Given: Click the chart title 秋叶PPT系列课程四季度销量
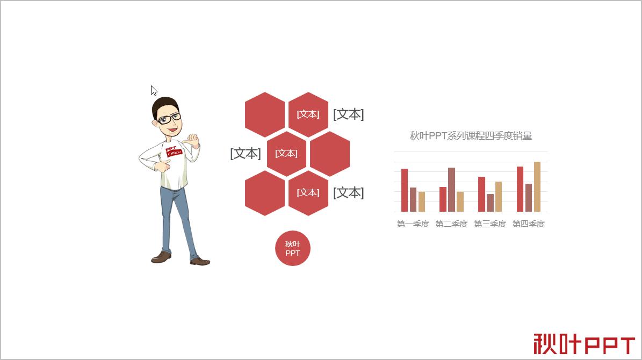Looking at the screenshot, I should tap(471, 136).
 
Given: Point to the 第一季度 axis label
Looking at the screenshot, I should tap(413, 224).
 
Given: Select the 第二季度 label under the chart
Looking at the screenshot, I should tap(451, 224).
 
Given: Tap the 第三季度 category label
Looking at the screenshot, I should tap(490, 224).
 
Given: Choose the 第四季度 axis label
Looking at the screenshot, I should tap(529, 224).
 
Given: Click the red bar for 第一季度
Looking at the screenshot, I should tap(405, 190).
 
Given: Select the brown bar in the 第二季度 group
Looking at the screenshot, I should tap(451, 190).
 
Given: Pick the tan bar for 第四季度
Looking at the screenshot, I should tap(537, 186).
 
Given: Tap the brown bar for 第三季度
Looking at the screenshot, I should tap(490, 203).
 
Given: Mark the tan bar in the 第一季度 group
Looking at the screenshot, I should tap(422, 201).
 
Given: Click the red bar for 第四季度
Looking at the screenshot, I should tap(520, 189).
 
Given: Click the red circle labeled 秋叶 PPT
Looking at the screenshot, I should tap(293, 248).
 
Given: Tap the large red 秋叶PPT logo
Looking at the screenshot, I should tap(585, 344).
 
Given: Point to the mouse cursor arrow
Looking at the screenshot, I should tap(154, 90).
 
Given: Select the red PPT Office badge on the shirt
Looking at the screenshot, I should tap(173, 152).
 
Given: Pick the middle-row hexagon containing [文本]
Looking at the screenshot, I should tap(286, 154).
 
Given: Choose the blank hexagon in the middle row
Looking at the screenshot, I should tap(330, 154).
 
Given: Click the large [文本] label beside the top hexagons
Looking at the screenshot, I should tap(348, 114).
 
